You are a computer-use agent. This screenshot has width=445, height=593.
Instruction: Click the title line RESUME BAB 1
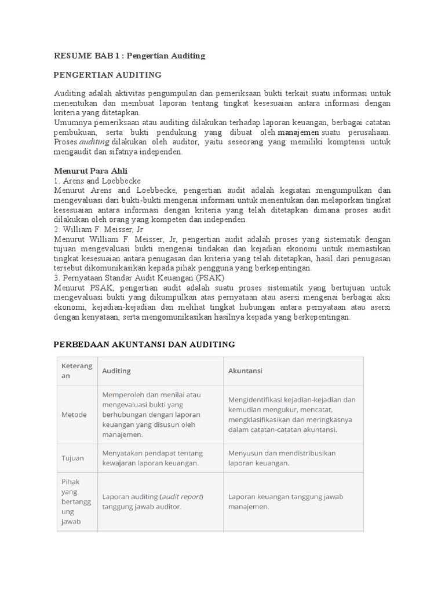click(x=129, y=56)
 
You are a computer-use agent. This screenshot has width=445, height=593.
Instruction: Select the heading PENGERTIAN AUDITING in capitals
click(x=108, y=75)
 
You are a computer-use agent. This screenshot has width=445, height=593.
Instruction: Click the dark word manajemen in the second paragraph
click(x=298, y=132)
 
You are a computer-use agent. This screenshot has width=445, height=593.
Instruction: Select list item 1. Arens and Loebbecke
click(x=97, y=181)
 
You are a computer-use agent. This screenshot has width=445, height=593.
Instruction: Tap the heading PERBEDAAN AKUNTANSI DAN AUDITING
click(x=144, y=344)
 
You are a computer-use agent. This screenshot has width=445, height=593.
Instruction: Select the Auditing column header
click(x=116, y=371)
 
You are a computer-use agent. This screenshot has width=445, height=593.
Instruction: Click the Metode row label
click(x=74, y=415)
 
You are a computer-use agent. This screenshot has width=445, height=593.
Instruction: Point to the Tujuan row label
click(x=73, y=458)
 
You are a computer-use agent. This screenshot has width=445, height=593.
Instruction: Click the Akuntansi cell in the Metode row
click(x=292, y=415)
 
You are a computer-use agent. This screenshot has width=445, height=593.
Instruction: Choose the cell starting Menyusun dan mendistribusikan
click(x=282, y=458)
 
